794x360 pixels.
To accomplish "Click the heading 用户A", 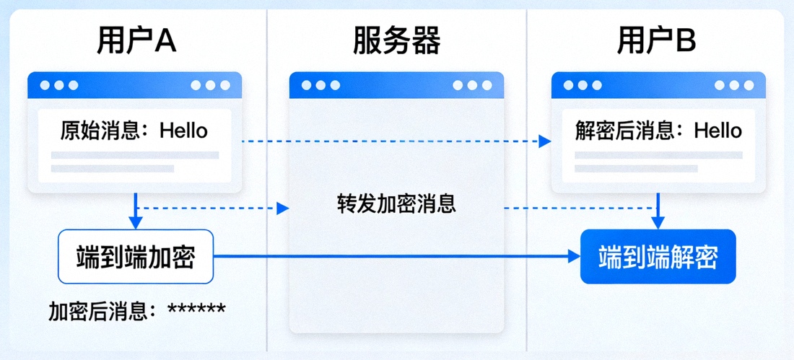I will pyautogui.click(x=136, y=42).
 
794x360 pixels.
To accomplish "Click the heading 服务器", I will pyautogui.click(x=396, y=42).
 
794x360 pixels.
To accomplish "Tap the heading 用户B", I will pyautogui.click(x=656, y=42).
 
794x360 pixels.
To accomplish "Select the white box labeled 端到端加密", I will pyautogui.click(x=136, y=256).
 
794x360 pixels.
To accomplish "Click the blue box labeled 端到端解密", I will pyautogui.click(x=658, y=256).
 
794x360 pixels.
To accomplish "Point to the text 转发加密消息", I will pyautogui.click(x=396, y=203).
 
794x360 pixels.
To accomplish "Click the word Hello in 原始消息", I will pyautogui.click(x=183, y=131).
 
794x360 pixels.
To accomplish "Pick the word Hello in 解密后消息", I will pyautogui.click(x=717, y=131).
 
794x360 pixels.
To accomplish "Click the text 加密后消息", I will pyautogui.click(x=102, y=311).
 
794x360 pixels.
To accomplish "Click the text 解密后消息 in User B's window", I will pyautogui.click(x=629, y=131).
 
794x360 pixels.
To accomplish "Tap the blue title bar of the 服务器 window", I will pyautogui.click(x=396, y=85).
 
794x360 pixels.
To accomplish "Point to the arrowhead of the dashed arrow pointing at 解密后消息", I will pyautogui.click(x=546, y=141).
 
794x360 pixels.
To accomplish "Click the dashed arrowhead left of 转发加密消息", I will pyautogui.click(x=283, y=208).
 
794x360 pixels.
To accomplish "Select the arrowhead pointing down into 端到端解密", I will pyautogui.click(x=658, y=223).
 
